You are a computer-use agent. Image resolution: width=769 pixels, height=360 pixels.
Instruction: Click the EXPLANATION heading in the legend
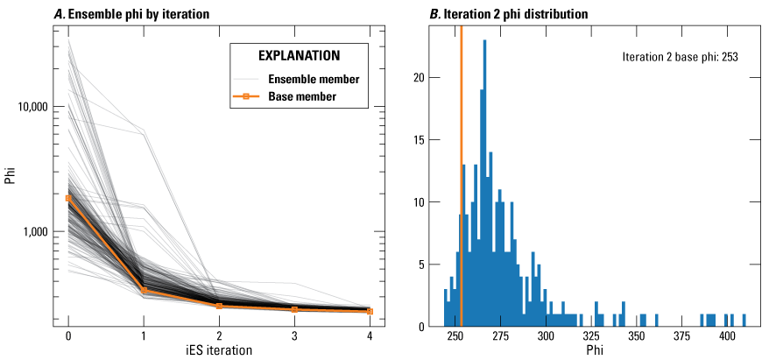point(298,55)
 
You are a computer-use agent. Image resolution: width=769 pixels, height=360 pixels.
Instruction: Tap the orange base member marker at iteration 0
point(68,199)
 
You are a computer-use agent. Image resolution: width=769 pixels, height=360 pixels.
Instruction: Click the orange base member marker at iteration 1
point(144,291)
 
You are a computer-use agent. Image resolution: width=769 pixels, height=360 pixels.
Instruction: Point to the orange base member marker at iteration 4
point(370,311)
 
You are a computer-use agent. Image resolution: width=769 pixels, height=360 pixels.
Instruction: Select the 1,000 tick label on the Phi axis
point(38,231)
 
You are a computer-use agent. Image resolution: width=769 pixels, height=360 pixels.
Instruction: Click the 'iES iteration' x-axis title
point(218,350)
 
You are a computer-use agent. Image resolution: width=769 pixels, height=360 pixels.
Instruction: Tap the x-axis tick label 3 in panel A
point(294,336)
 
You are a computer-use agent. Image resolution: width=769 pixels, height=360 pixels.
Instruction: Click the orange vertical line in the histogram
point(461,175)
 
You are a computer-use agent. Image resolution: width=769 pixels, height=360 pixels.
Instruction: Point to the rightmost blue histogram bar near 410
point(744,321)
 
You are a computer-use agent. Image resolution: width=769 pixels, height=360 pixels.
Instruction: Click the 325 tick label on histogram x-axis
point(591,336)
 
